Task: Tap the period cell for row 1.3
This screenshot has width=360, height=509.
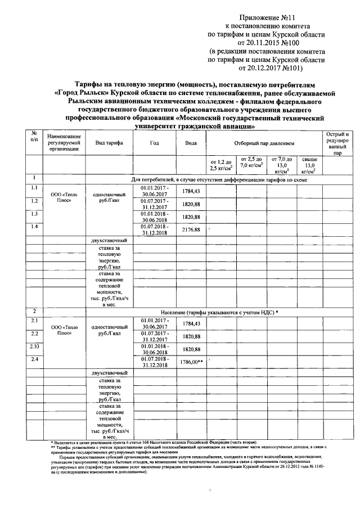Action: coord(154,217)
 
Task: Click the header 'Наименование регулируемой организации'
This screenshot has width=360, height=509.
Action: coord(64,143)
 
